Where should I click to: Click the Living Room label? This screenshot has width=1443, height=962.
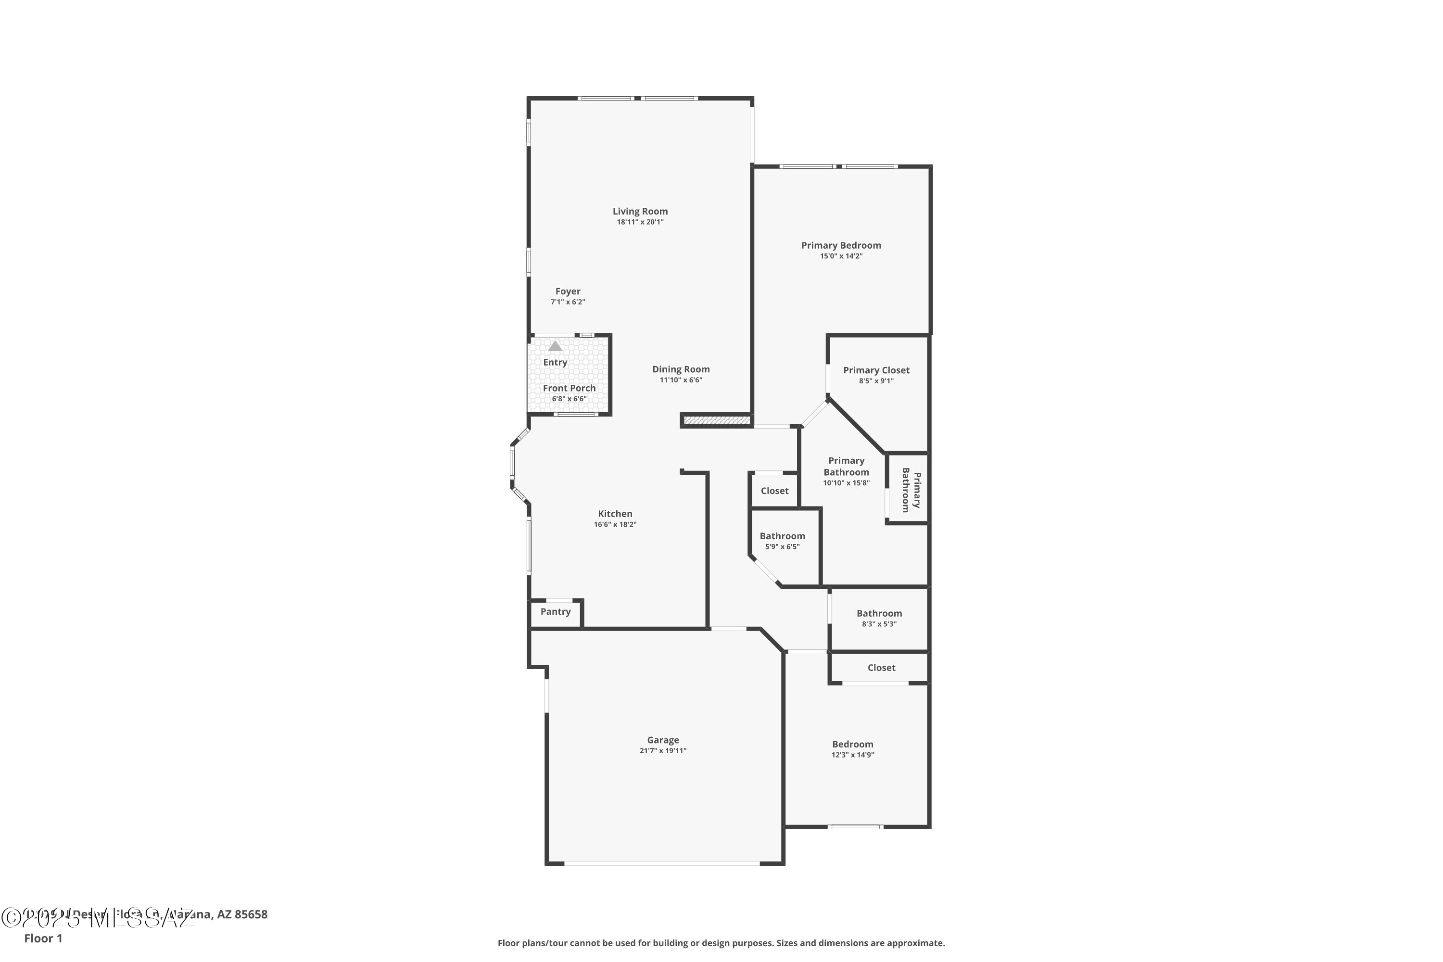(x=640, y=211)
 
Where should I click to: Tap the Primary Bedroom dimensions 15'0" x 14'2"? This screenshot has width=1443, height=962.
(x=840, y=256)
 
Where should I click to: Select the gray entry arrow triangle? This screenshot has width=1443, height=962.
(x=555, y=346)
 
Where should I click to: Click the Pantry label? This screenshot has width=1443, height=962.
(x=555, y=612)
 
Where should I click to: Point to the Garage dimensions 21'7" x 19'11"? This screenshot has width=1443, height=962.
(x=663, y=751)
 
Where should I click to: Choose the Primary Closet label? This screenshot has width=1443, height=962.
(x=875, y=370)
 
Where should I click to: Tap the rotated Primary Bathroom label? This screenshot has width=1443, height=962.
(x=911, y=490)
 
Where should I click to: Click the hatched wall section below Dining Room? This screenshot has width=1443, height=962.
(x=717, y=421)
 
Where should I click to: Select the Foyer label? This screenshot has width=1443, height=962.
(x=568, y=291)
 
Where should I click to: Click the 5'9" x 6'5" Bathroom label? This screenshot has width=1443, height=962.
(x=782, y=536)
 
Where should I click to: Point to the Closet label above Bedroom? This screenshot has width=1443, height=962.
(x=881, y=668)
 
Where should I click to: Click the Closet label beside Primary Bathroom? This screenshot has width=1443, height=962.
(x=774, y=491)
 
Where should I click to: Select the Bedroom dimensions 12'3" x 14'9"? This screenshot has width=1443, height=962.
(x=852, y=755)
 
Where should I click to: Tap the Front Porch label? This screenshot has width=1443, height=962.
(x=569, y=388)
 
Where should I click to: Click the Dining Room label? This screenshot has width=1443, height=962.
(x=681, y=369)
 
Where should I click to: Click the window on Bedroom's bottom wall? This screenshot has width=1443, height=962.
(x=855, y=827)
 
